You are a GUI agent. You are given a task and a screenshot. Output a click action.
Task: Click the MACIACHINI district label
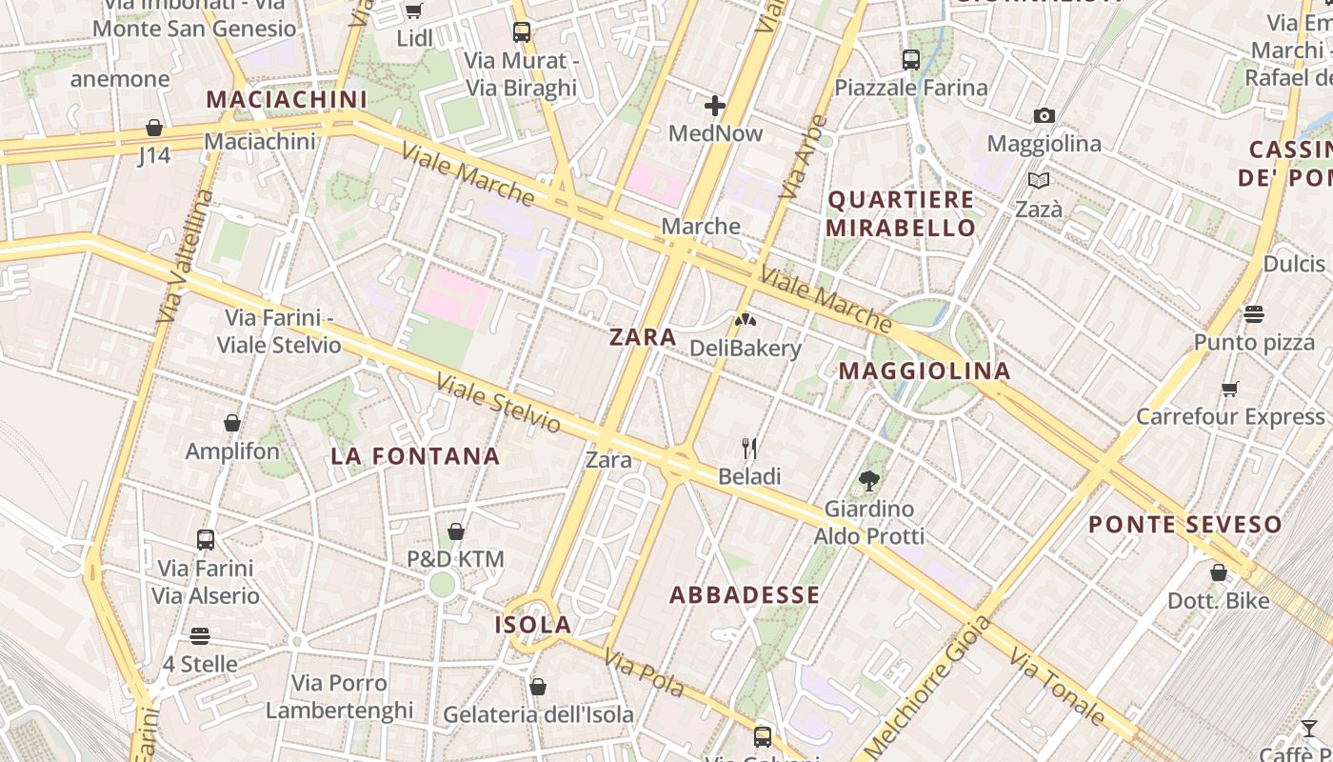point(287,99)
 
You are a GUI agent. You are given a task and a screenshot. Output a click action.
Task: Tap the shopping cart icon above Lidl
point(413,10)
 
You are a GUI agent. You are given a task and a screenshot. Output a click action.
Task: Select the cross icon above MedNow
point(715,105)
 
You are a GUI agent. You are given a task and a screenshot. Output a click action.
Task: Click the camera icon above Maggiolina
point(1045,116)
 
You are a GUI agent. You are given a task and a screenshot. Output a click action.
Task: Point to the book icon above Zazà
point(1039,180)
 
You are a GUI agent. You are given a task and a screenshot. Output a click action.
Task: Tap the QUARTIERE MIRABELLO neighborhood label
point(901,213)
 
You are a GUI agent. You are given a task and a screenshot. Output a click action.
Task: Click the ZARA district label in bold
point(643,336)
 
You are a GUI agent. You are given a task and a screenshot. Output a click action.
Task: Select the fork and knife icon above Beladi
point(749,448)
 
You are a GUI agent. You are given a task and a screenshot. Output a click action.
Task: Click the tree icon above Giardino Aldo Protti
point(868,481)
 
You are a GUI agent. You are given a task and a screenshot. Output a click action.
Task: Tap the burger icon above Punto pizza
point(1253,313)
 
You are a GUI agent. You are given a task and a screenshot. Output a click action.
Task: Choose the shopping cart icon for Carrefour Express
point(1230,389)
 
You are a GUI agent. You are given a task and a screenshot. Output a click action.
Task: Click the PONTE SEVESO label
point(1185,524)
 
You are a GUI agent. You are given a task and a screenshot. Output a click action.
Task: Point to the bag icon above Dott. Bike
point(1219,572)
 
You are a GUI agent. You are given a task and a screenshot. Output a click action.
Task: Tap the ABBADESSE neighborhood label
point(745,595)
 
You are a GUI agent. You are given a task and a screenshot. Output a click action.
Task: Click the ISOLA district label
point(533,625)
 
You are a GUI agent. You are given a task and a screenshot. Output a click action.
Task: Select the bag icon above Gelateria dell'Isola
point(538,687)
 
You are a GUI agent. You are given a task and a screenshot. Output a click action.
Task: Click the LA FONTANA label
point(415,456)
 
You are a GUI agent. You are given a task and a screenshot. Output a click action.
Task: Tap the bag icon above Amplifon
point(232,423)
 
